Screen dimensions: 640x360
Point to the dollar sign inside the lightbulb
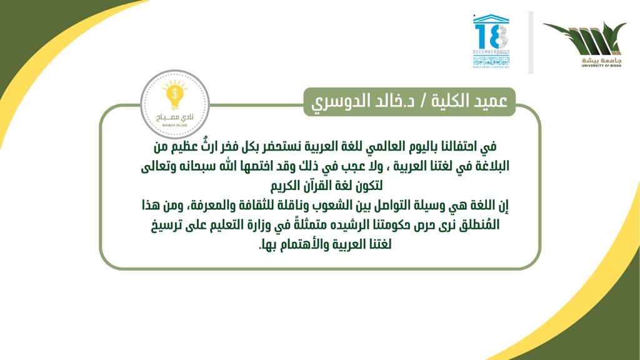tap(175, 94)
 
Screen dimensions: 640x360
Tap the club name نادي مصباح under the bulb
tap(175, 117)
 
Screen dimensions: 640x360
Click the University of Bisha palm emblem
tap(585, 39)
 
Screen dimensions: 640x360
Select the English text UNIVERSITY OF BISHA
tap(602, 65)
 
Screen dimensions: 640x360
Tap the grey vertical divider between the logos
tap(531, 42)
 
